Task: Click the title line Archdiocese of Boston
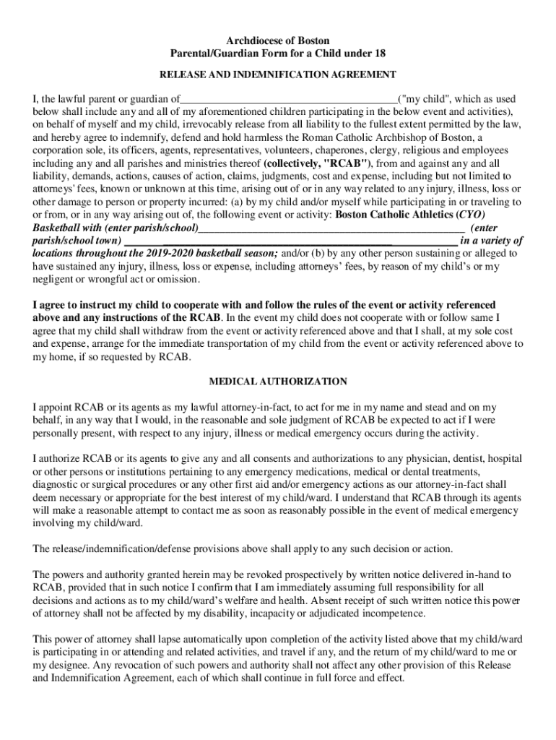[278, 41]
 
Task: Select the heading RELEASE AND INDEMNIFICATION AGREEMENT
[278, 74]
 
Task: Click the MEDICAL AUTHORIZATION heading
[278, 382]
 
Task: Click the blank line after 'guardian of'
[289, 99]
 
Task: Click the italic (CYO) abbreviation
[472, 215]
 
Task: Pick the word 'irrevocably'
[209, 124]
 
